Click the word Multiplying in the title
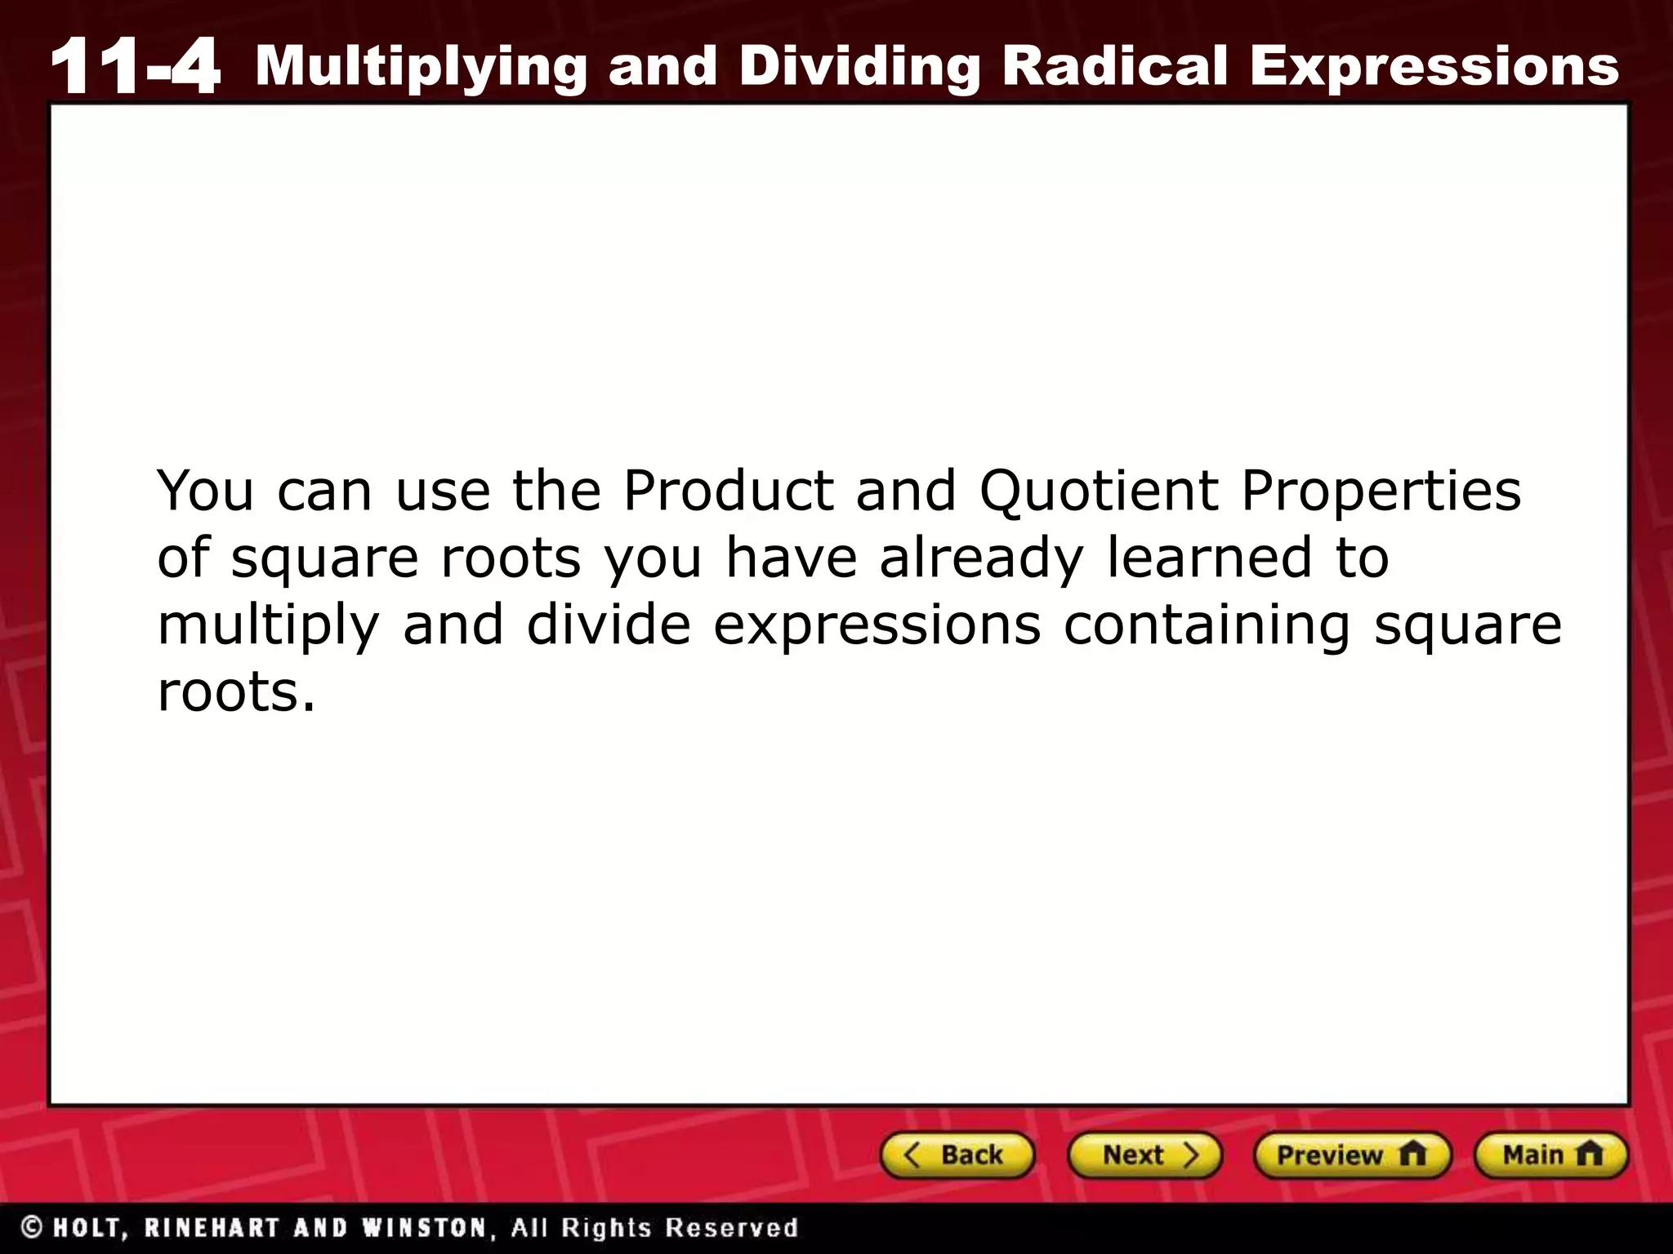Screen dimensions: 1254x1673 tap(421, 67)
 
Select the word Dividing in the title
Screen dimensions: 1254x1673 tap(859, 67)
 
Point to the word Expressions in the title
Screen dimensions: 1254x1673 tap(1434, 67)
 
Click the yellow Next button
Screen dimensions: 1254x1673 tap(1144, 1155)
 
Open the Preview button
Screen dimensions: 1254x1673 tap(1351, 1155)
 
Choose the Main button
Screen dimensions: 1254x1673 tap(1550, 1155)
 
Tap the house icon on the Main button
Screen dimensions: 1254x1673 tap(1590, 1154)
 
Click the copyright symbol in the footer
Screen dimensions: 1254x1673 tap(33, 1227)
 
